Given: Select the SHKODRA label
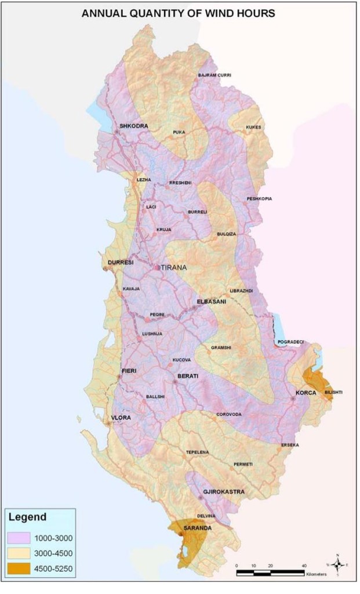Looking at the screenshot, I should click(x=133, y=126).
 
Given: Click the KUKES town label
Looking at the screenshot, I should click(x=253, y=127).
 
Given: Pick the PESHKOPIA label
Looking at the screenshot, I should click(x=259, y=198).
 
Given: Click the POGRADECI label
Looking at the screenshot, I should click(x=290, y=342).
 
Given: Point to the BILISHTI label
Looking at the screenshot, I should click(x=333, y=392).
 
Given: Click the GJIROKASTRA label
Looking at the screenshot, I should click(x=223, y=492).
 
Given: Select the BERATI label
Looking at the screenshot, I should click(x=187, y=376).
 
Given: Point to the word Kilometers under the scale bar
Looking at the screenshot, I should click(x=316, y=574).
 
